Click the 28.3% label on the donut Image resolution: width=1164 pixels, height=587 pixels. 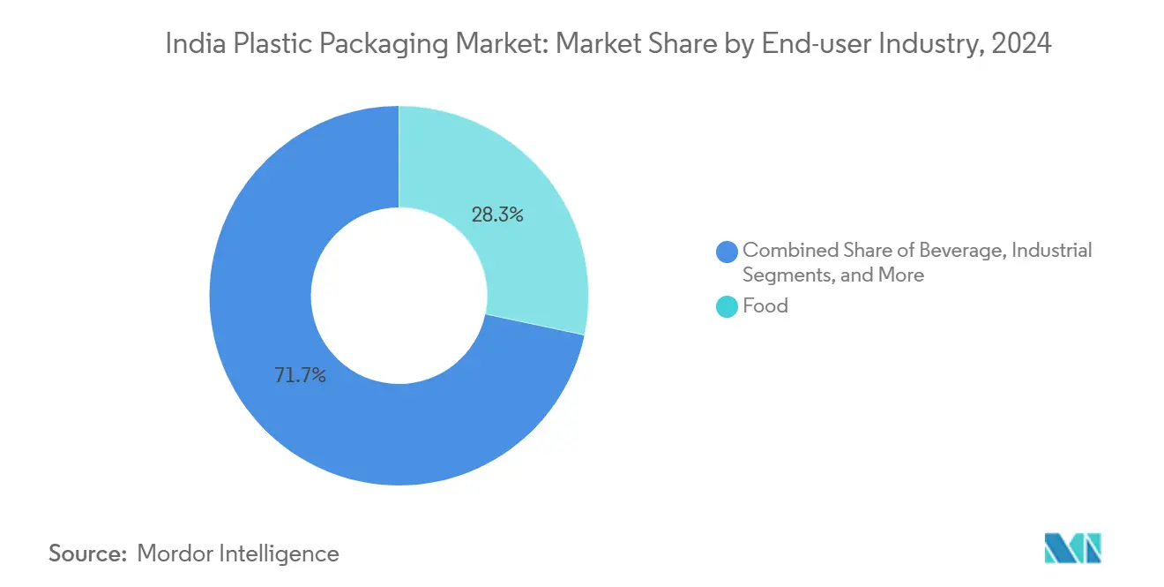[x=497, y=214]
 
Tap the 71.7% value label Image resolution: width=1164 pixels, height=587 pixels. [x=300, y=376]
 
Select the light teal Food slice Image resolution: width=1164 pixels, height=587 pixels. [x=520, y=177]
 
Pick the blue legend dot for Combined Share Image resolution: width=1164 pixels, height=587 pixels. [x=727, y=252]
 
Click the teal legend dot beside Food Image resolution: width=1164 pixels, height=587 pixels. [x=727, y=307]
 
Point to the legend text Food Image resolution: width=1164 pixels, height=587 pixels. [x=765, y=306]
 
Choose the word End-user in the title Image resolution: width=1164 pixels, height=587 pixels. [x=799, y=43]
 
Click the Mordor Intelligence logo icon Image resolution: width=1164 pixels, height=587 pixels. [x=1072, y=547]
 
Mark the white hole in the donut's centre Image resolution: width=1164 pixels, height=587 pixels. [x=399, y=295]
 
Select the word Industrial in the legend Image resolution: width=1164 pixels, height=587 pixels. [x=1051, y=251]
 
